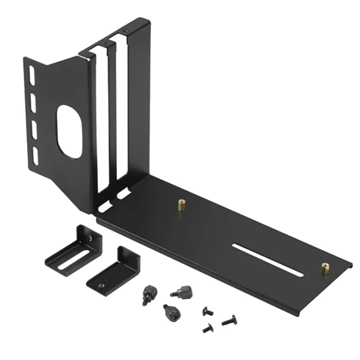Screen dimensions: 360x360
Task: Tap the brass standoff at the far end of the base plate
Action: (324, 269)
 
